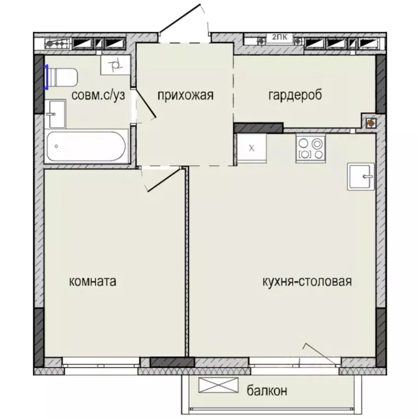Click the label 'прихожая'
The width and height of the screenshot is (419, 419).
[185, 95]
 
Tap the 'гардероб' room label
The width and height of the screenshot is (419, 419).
[295, 95]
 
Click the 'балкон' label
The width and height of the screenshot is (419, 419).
[267, 391]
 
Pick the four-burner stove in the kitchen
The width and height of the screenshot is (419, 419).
[310, 148]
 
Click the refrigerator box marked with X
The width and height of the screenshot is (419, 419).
[251, 147]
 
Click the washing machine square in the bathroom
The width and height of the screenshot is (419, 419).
[115, 66]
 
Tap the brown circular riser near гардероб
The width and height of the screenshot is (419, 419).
[370, 123]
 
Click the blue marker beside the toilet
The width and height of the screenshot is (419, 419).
[47, 77]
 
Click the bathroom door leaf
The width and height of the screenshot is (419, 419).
[146, 102]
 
